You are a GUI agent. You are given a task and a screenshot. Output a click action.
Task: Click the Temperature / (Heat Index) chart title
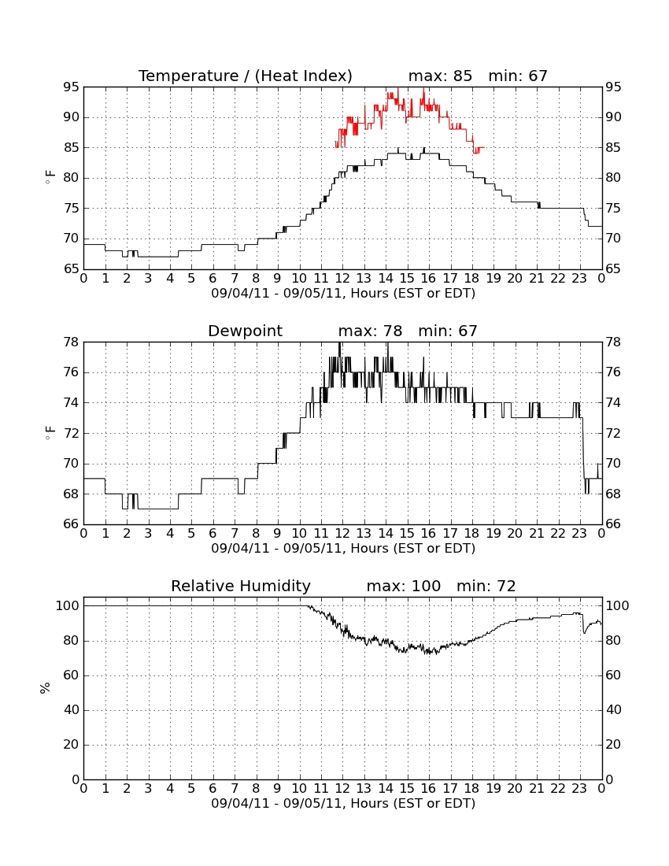(x=245, y=76)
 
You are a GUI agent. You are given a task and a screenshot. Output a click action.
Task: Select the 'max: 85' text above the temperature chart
(x=440, y=76)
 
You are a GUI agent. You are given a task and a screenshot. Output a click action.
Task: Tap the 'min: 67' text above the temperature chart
(x=518, y=76)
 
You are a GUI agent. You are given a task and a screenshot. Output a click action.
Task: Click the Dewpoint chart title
(x=245, y=331)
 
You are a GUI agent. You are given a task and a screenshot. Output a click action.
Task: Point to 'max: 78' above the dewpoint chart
(x=370, y=331)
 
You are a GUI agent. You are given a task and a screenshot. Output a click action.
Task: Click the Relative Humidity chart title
(x=241, y=586)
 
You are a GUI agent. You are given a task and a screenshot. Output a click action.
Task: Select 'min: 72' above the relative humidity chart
(x=486, y=586)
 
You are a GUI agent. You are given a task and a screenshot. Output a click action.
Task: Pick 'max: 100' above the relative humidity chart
(x=404, y=586)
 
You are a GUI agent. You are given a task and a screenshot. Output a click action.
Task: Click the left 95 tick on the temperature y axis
(x=71, y=87)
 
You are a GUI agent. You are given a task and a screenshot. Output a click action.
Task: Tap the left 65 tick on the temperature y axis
(x=71, y=269)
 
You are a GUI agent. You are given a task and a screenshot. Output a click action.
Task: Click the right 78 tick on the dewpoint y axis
(x=613, y=342)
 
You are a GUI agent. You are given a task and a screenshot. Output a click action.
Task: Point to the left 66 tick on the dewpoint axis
(x=71, y=524)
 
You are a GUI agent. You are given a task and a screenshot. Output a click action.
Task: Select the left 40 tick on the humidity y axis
(x=72, y=710)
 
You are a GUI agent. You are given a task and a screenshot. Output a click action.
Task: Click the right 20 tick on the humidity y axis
(x=613, y=745)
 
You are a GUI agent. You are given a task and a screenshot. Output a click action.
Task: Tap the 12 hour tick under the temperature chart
(x=342, y=279)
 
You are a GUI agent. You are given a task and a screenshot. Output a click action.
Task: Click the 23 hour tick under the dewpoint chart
(x=579, y=534)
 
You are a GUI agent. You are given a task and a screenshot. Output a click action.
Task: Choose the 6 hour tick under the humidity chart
(x=213, y=789)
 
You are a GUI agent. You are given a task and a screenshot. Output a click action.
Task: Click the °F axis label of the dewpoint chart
(x=50, y=433)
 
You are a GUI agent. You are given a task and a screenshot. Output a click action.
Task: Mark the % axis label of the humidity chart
(x=45, y=688)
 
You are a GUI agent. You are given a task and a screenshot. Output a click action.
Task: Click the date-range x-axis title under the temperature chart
(x=343, y=294)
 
